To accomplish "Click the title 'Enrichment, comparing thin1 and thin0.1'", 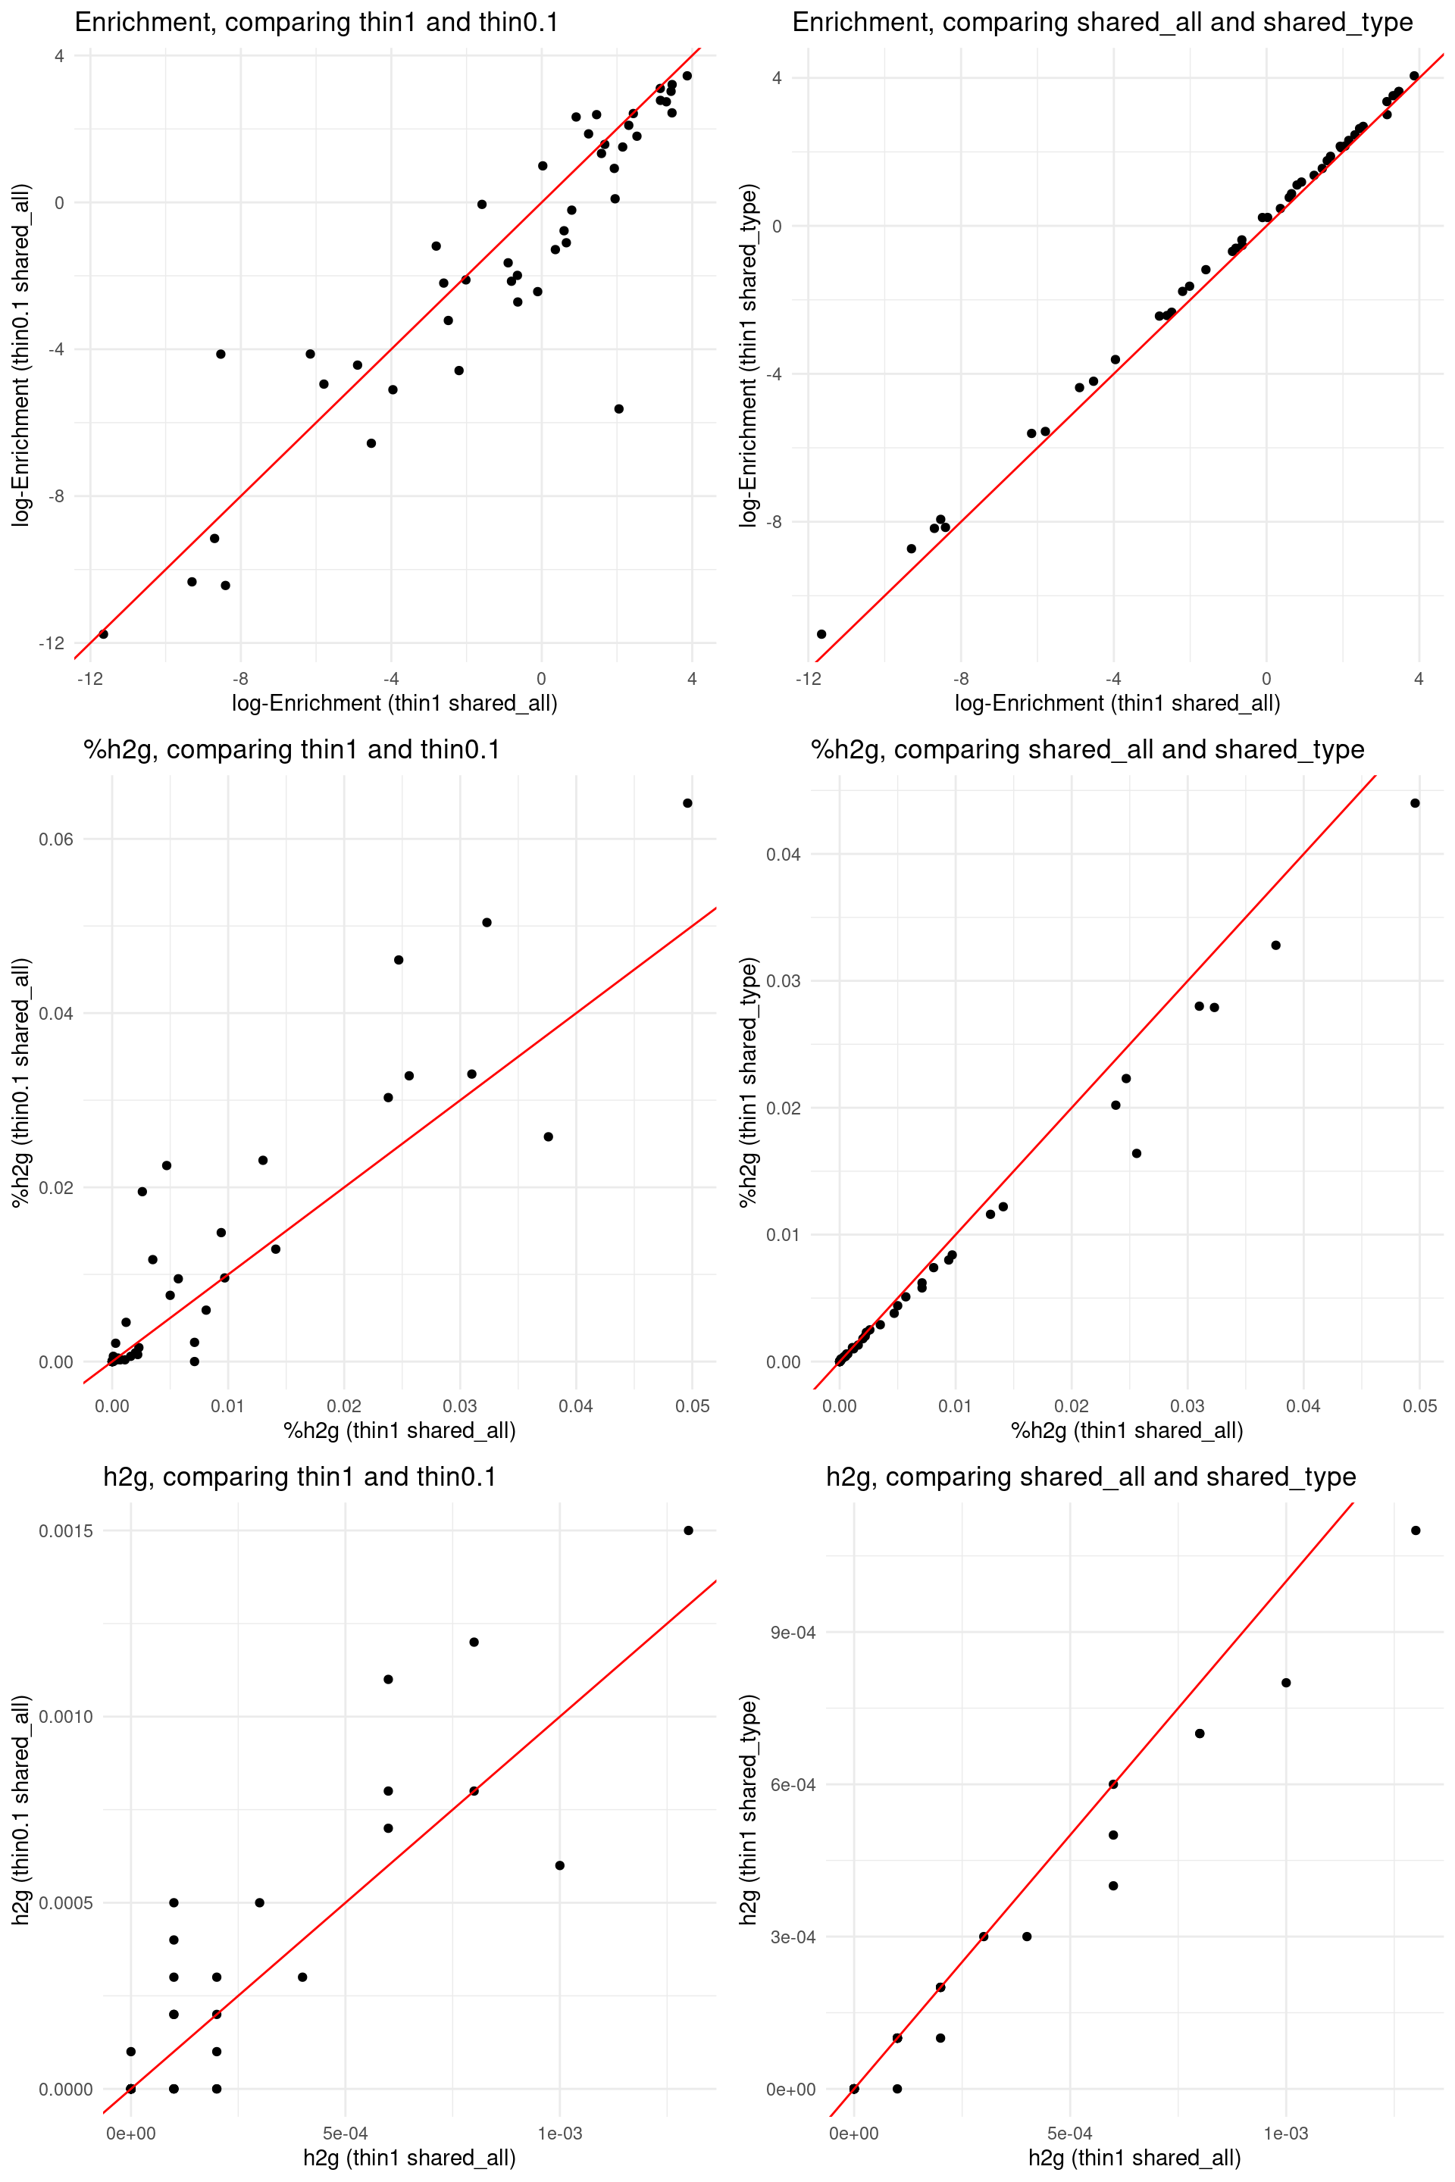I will tap(317, 22).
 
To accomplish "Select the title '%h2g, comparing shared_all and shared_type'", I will tap(1087, 749).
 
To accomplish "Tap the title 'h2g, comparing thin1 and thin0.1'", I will tap(300, 1476).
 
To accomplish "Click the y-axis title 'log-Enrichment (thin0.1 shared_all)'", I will tap(20, 355).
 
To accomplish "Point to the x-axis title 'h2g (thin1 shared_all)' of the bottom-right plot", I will tap(1134, 2157).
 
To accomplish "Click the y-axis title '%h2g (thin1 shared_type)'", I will tap(748, 1083).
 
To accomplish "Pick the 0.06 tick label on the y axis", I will tap(55, 839).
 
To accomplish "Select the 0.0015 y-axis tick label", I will tap(65, 1530).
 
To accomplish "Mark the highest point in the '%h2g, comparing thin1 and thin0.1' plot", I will tap(687, 803).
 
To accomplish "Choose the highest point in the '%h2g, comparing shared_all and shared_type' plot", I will tap(1415, 803).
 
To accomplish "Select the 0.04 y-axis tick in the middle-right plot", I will tap(783, 854).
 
